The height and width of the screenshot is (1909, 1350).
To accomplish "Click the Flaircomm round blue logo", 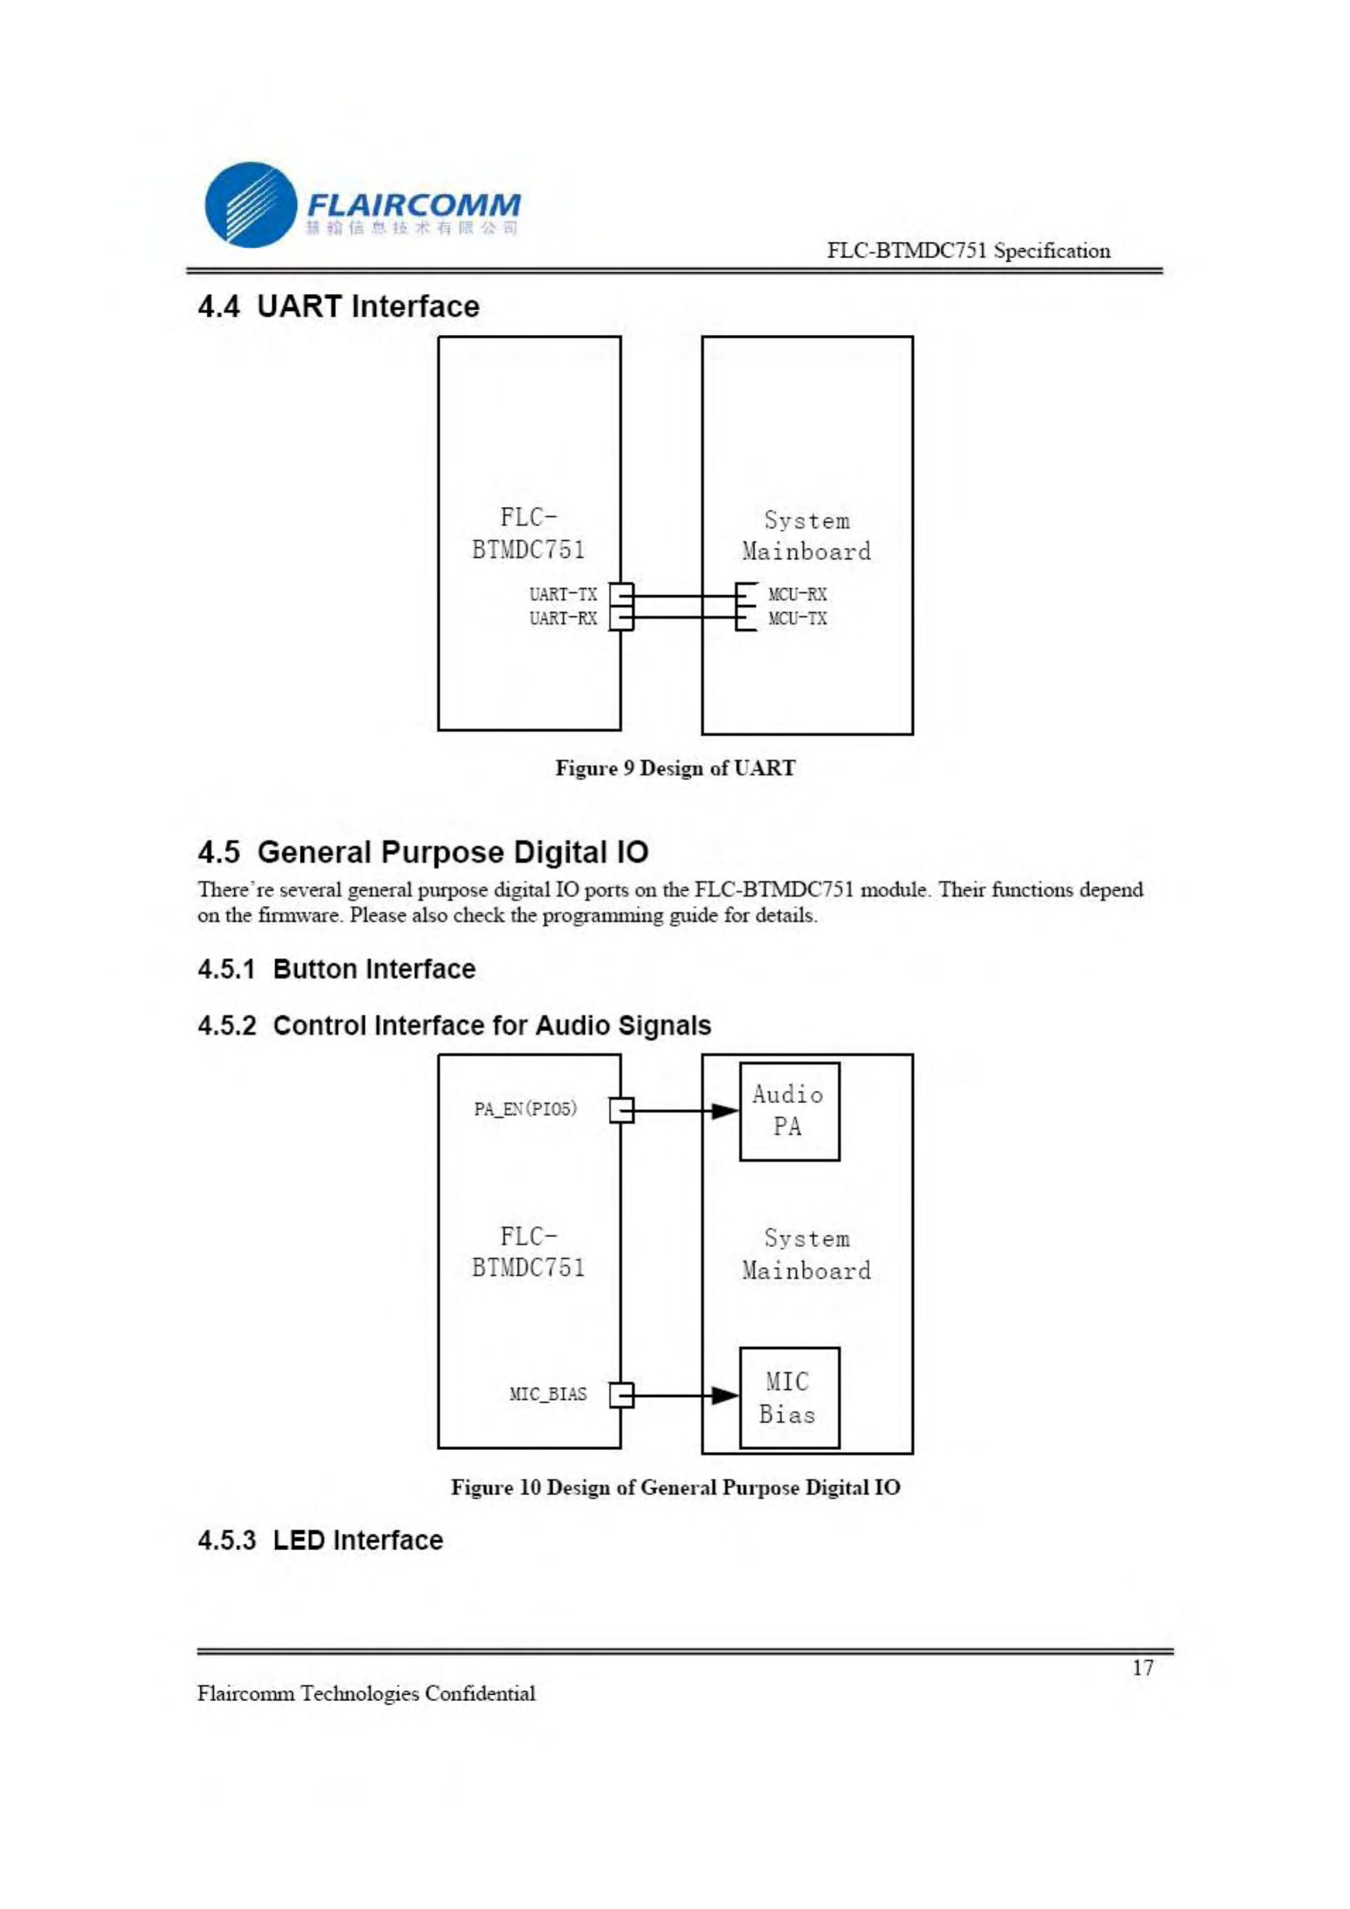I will tap(250, 204).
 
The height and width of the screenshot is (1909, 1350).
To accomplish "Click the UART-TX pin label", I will tap(563, 594).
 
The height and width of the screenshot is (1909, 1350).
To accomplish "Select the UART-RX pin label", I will tap(563, 619).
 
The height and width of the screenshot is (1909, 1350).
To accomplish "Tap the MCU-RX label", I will tap(797, 594).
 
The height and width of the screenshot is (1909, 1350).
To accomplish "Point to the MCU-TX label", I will tap(797, 619).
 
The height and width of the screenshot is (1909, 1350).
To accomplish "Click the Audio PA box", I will tap(789, 1111).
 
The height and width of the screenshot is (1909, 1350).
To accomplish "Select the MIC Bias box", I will tap(789, 1398).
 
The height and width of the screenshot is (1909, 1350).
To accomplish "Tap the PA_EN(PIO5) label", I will tap(525, 1109).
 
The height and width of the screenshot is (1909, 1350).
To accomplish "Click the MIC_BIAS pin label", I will tap(547, 1394).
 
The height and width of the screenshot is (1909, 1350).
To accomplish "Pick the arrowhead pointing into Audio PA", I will tap(724, 1111).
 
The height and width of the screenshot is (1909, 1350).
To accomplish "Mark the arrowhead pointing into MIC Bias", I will tap(724, 1396).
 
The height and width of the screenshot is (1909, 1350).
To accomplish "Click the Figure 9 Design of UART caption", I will tap(674, 768).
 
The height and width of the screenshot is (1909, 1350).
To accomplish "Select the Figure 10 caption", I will tap(674, 1487).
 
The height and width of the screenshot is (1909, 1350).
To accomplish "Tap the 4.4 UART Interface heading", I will tap(339, 307).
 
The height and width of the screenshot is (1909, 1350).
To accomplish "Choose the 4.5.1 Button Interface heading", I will tap(336, 969).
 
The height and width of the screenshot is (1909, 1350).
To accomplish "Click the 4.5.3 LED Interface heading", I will tap(320, 1541).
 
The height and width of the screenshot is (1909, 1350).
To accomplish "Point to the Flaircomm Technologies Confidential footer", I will tap(366, 1694).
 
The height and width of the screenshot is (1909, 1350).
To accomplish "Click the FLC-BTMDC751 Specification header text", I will tap(968, 251).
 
